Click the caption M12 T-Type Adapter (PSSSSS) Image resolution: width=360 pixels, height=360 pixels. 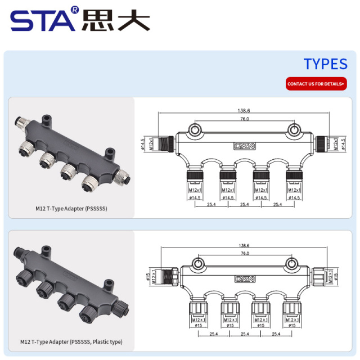click(x=71, y=209)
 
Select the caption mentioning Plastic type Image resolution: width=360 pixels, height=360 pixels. click(x=71, y=341)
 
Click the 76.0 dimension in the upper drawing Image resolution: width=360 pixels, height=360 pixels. click(x=245, y=119)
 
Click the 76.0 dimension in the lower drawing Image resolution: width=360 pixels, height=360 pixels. click(x=245, y=254)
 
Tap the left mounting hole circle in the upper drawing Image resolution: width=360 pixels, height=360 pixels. click(x=194, y=131)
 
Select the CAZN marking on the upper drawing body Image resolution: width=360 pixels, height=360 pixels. click(x=245, y=146)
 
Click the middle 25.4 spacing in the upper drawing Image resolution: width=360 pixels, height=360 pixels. click(x=245, y=205)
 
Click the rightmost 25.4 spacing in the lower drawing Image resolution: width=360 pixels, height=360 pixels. click(x=276, y=334)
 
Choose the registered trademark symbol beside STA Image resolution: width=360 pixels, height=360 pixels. click(x=75, y=10)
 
